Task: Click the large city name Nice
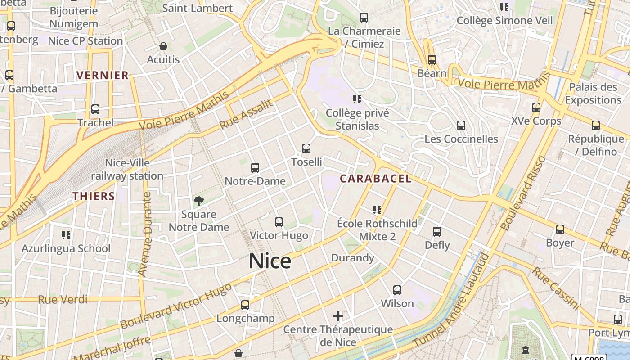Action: [270, 261]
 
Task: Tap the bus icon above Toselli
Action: [306, 148]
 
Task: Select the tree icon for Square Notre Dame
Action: [198, 201]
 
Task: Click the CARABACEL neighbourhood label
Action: [375, 179]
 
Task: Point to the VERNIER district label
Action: [103, 75]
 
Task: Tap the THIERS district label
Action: [94, 196]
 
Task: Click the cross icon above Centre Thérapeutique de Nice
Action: [338, 316]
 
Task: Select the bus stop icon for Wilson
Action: [397, 290]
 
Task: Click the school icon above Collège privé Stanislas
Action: [357, 99]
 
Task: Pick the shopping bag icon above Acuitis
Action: [163, 46]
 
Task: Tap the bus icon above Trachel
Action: [95, 109]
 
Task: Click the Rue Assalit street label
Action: [246, 114]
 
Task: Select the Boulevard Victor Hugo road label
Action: [176, 306]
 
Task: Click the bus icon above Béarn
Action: [432, 59]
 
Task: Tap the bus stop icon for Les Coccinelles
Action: [461, 126]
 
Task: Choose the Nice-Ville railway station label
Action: [127, 169]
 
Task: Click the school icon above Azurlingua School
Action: [66, 235]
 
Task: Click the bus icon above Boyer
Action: [560, 229]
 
